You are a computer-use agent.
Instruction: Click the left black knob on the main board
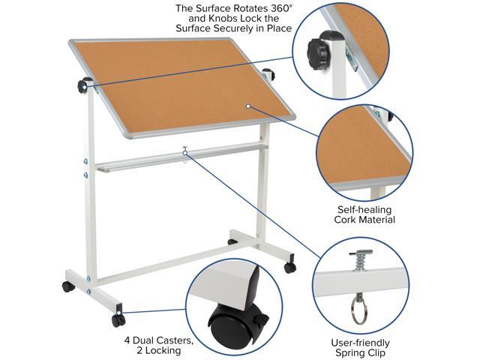click(x=84, y=86)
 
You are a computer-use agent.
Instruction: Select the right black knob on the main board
click(x=267, y=74)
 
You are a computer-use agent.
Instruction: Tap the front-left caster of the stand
click(x=118, y=319)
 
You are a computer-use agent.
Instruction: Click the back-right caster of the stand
click(x=289, y=268)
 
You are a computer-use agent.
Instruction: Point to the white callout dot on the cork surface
click(x=247, y=106)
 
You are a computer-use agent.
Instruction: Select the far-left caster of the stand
click(x=67, y=286)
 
